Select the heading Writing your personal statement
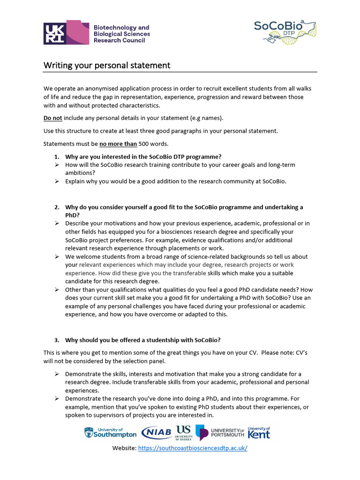pos(107,65)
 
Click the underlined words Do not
pos(53,118)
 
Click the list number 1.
pos(56,157)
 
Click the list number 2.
pos(56,207)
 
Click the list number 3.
pos(56,339)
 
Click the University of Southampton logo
pos(111,432)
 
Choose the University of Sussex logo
pos(184,432)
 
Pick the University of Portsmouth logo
pos(220,432)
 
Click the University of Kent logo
pos(259,432)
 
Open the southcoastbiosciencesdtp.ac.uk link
pos(193,449)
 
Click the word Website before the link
pos(124,449)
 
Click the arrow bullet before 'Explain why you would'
pos(56,181)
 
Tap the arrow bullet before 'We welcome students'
pos(56,256)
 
